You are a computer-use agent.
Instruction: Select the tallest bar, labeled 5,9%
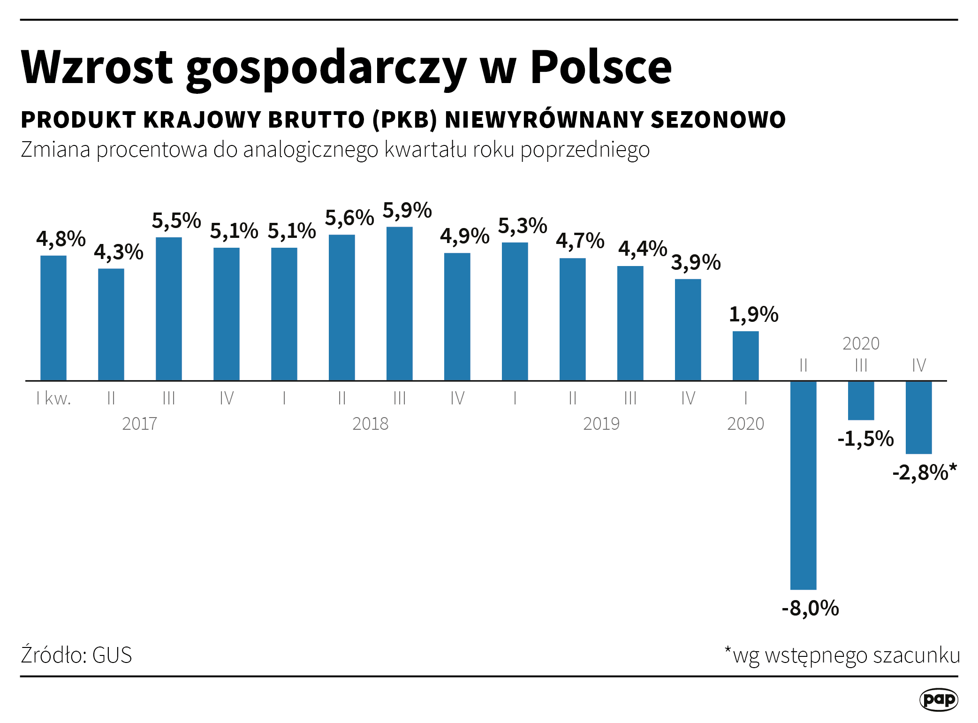(x=399, y=304)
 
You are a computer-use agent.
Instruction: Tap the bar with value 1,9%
(x=745, y=356)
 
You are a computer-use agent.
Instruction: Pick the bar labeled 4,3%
(x=111, y=324)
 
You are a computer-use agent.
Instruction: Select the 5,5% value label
(x=176, y=221)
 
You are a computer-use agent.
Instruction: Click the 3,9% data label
(x=696, y=262)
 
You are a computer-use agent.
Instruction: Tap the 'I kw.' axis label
(x=53, y=398)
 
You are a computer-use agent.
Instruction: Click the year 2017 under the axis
(x=139, y=424)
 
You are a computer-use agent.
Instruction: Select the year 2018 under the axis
(x=370, y=424)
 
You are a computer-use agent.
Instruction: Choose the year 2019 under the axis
(x=601, y=424)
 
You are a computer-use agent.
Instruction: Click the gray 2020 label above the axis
(x=861, y=343)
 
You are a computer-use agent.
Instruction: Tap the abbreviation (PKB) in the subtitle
(x=405, y=120)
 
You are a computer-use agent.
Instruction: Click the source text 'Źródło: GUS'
(x=76, y=655)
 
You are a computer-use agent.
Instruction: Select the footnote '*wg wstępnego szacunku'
(x=842, y=655)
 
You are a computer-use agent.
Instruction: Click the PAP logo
(x=938, y=700)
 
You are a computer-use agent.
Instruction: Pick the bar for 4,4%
(x=630, y=323)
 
